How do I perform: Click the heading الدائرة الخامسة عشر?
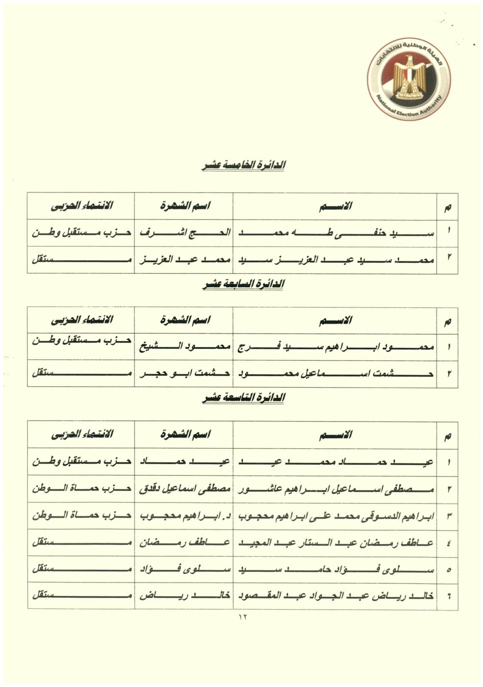243,166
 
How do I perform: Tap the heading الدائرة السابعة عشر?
243,284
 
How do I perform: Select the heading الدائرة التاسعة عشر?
243,398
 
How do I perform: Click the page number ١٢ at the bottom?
243,617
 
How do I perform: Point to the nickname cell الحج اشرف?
184,233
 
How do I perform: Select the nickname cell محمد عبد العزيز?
184,260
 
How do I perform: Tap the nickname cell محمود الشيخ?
184,347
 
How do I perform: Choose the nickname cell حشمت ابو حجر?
184,373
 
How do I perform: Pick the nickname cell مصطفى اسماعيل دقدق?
184,489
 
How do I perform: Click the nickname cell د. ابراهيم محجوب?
184,516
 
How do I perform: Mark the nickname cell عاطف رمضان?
184,543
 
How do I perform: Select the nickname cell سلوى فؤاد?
184,570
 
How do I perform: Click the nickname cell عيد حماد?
184,462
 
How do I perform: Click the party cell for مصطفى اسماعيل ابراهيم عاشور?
81,489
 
